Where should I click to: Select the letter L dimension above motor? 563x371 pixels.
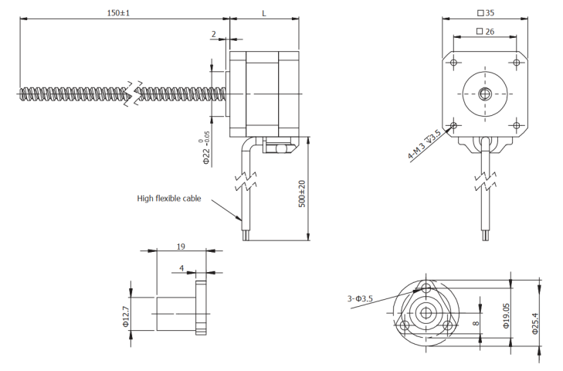(x=264, y=13)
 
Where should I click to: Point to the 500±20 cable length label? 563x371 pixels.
(x=302, y=193)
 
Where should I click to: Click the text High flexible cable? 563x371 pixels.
(x=169, y=199)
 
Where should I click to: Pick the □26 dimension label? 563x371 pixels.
(x=486, y=32)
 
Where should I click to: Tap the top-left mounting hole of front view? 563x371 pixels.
(x=453, y=63)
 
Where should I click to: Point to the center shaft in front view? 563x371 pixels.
(x=485, y=94)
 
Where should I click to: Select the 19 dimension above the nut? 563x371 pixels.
(x=181, y=247)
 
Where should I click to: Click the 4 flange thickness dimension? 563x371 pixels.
(x=182, y=268)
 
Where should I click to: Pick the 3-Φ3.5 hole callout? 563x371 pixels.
(x=361, y=298)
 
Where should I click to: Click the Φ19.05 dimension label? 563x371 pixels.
(x=507, y=315)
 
